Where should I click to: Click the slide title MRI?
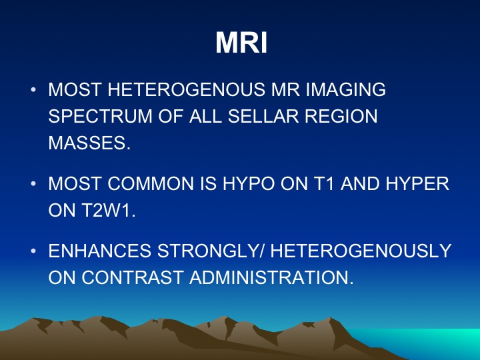coord(241,43)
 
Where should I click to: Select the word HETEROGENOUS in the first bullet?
coord(186,89)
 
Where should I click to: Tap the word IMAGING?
coord(345,89)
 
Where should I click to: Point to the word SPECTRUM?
coord(100,116)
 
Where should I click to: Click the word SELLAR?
coord(263,116)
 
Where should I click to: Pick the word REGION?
coord(341,116)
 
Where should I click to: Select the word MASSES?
coord(87,143)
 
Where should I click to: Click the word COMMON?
coord(151,184)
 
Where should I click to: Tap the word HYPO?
coord(249,184)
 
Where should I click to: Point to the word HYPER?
coord(417,184)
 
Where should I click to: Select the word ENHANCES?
coord(100,251)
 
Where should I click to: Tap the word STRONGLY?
coord(207,251)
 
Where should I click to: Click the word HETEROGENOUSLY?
coord(361,251)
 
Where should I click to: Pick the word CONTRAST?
coord(133,277)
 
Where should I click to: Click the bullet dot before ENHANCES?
coord(33,251)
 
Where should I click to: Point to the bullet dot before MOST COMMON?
coord(33,184)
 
